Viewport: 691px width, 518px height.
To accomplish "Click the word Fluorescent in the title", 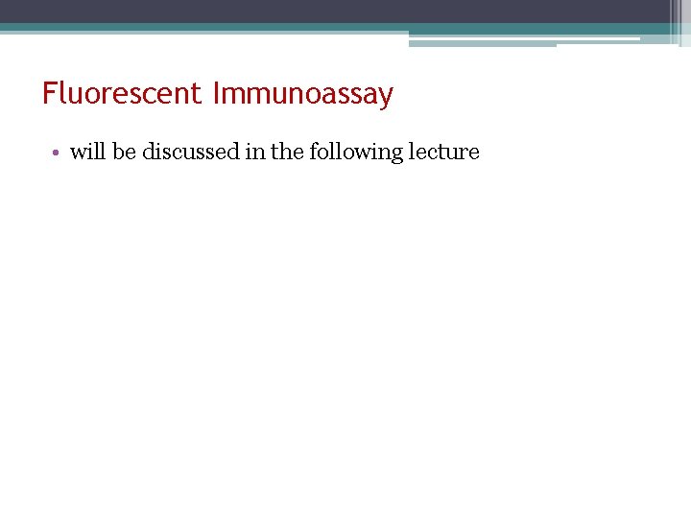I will point(122,94).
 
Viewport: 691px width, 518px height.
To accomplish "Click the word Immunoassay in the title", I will point(302,95).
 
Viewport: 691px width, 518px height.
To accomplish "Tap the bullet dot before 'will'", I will point(59,153).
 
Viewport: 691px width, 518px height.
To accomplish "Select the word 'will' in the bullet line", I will point(87,152).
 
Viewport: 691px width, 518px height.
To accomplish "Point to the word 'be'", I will point(124,152).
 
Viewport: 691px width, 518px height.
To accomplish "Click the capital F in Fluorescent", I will point(49,94).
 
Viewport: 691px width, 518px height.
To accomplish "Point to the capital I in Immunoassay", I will point(217,94).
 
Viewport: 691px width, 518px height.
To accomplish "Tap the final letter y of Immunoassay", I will point(386,98).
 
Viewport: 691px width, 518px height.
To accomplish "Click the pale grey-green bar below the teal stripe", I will point(480,42).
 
